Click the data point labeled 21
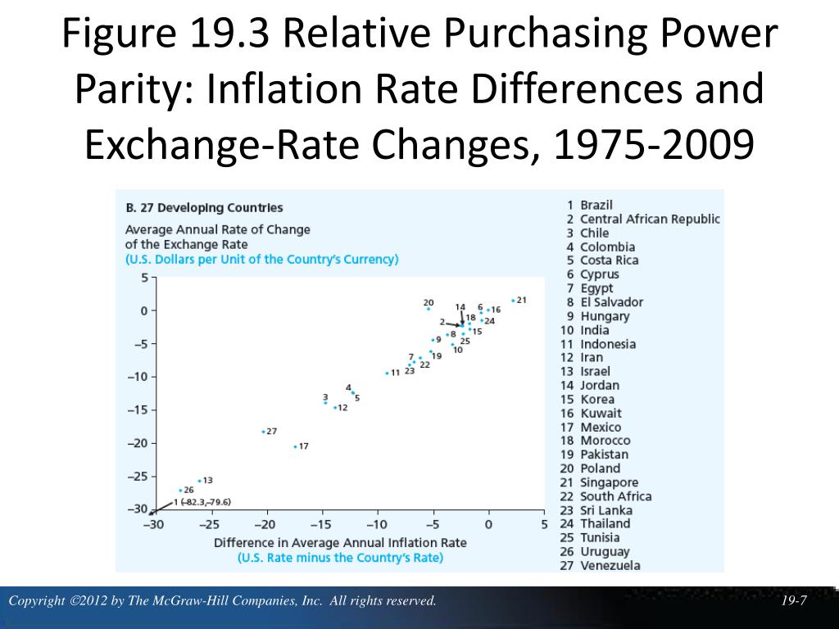point(513,301)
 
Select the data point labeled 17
point(295,446)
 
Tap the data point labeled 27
point(263,431)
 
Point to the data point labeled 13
point(199,481)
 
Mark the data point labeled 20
point(428,309)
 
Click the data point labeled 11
point(387,373)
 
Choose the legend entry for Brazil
point(596,205)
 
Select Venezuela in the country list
point(610,565)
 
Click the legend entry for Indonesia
point(608,344)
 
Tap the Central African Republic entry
point(650,219)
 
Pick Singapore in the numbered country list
point(609,482)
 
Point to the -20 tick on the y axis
point(137,443)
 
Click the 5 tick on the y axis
point(144,278)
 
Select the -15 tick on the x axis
point(321,525)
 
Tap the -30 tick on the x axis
point(154,525)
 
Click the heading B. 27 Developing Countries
point(204,208)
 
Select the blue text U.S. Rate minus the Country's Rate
point(340,558)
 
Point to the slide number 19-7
point(794,601)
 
